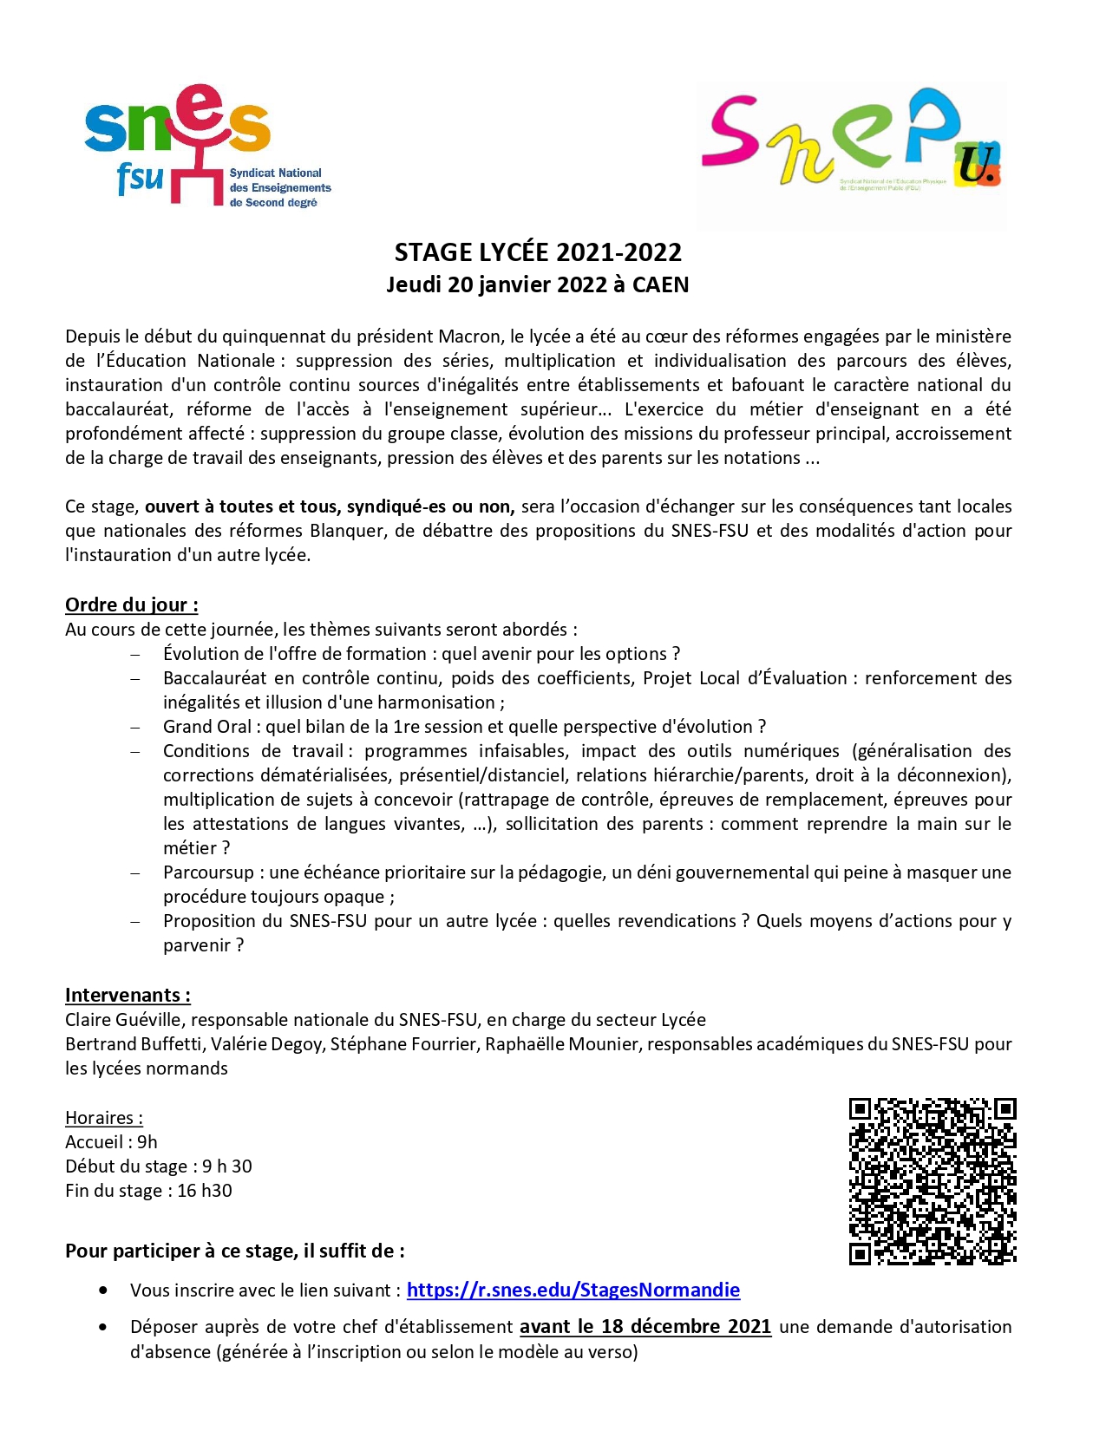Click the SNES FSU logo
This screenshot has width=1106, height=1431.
206,146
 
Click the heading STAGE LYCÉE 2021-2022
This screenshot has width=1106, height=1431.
538,252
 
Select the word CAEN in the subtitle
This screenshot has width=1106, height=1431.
660,284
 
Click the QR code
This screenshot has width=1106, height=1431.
932,1180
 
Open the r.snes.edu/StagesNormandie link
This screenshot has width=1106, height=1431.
573,1290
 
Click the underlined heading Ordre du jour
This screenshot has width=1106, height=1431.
131,604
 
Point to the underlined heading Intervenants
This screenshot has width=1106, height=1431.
128,995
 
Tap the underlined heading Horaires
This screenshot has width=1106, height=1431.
103,1118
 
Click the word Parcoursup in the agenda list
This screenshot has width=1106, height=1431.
208,872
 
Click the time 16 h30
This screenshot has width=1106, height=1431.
205,1191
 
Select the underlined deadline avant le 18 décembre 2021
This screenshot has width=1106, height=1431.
645,1326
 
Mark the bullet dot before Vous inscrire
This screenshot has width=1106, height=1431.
104,1290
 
